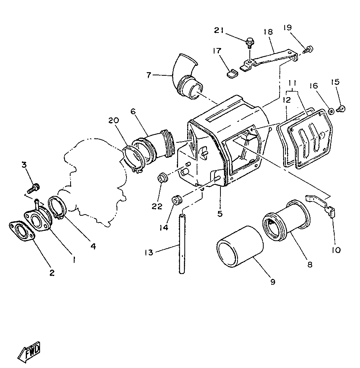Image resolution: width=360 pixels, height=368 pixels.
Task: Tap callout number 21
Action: click(x=220, y=31)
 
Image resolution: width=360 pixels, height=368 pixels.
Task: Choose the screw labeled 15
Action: click(x=341, y=108)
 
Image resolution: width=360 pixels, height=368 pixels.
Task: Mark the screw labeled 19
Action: click(x=310, y=49)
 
